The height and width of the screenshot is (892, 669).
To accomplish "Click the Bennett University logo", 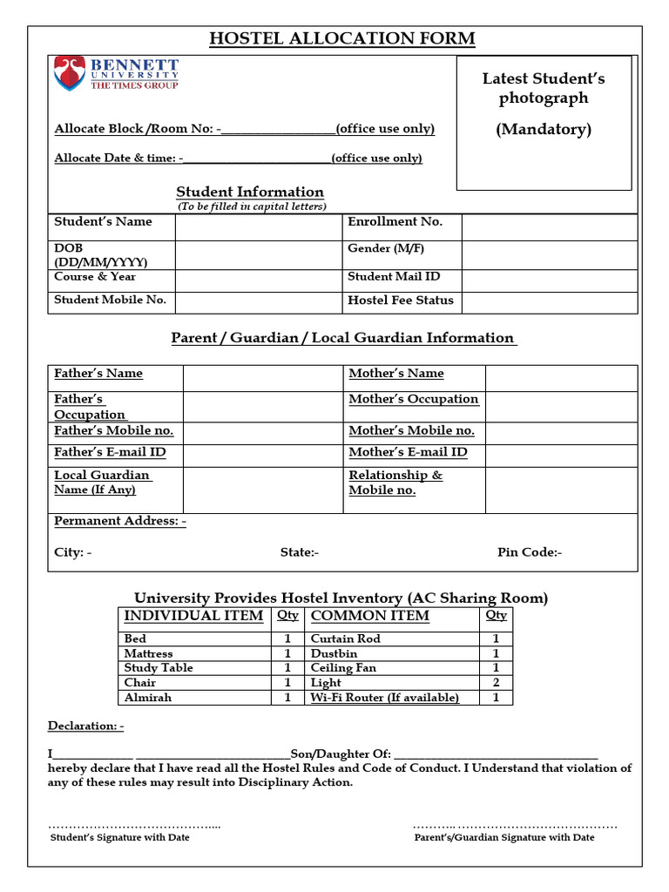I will click(x=116, y=74).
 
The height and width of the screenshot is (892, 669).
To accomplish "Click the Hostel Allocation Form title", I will click(x=342, y=38).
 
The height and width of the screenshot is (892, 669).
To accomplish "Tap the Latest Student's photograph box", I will click(x=544, y=123).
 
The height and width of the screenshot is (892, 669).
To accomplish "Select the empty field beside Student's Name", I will click(x=258, y=227).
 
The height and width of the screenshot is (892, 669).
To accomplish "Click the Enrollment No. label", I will click(x=395, y=222).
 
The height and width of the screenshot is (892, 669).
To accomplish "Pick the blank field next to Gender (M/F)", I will click(x=549, y=254).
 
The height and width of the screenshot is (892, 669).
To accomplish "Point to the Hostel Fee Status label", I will click(x=401, y=301).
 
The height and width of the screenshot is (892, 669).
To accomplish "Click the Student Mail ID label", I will click(x=394, y=277).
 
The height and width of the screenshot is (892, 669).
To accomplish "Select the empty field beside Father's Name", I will click(x=263, y=378).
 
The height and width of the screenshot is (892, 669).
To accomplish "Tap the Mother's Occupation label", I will click(x=413, y=399).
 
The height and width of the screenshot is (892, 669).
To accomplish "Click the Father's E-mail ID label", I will click(x=110, y=452).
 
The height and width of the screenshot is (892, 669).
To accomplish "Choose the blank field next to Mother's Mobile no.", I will click(x=561, y=433).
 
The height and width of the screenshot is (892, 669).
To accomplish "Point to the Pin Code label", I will click(x=530, y=552).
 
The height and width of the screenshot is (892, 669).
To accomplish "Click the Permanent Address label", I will click(x=120, y=521).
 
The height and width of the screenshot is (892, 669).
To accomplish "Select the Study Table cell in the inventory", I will click(x=159, y=668).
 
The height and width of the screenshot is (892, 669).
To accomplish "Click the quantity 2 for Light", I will click(x=496, y=683).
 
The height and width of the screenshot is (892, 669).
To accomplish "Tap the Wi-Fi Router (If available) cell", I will click(x=384, y=698).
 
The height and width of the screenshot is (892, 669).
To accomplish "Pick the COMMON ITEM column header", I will click(x=370, y=616).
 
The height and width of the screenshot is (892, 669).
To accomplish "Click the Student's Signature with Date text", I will click(x=120, y=837).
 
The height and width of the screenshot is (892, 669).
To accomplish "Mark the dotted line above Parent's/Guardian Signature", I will click(x=515, y=825).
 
